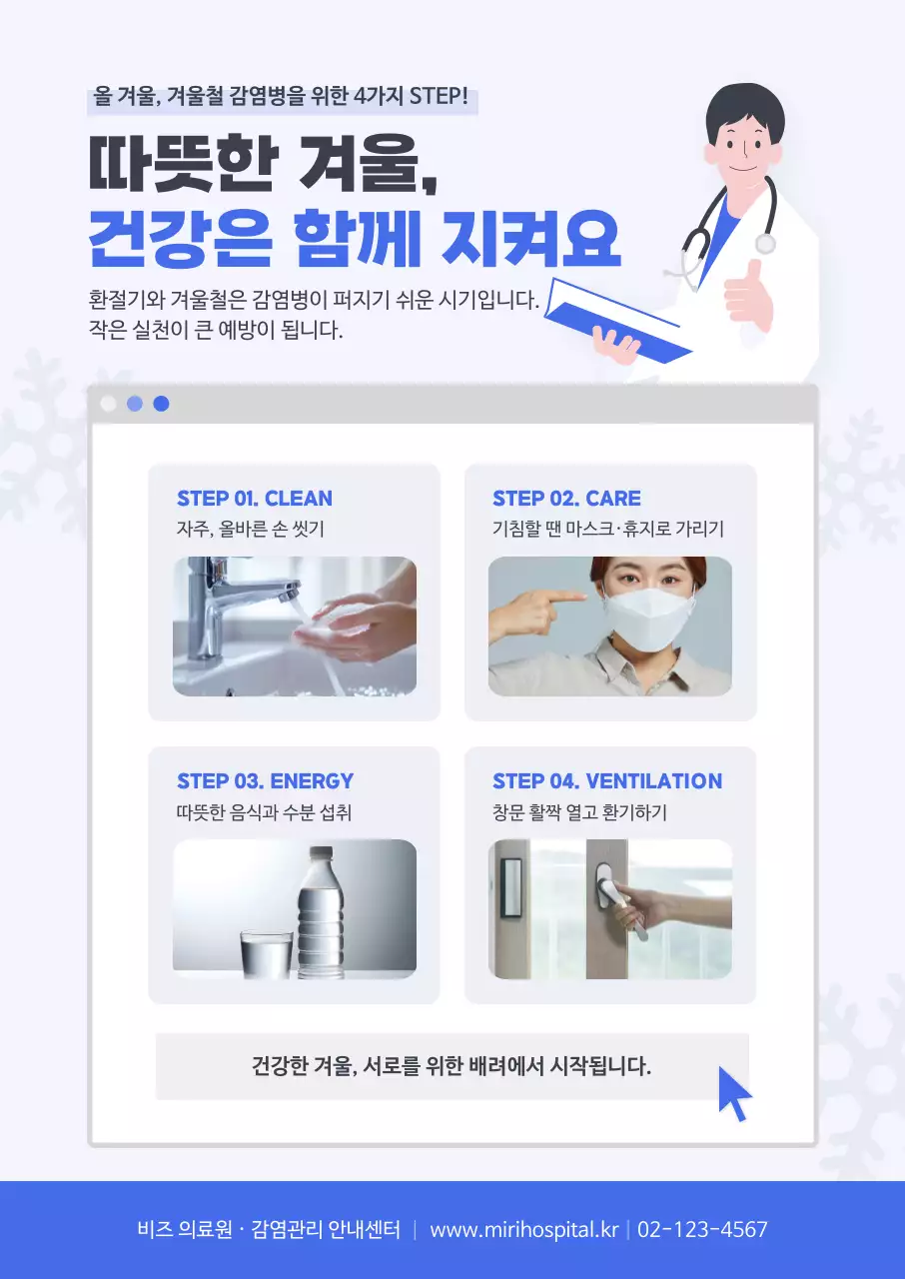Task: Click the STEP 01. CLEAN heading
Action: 254,499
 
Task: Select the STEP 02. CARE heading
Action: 566,499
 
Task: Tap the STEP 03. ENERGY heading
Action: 265,781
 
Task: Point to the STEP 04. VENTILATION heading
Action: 606,781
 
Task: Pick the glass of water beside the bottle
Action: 267,954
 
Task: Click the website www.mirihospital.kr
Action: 523,1230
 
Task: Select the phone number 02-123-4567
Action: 702,1230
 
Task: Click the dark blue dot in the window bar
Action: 161,404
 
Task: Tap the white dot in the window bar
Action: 109,404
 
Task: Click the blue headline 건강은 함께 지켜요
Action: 355,238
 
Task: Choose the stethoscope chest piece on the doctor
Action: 765,244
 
